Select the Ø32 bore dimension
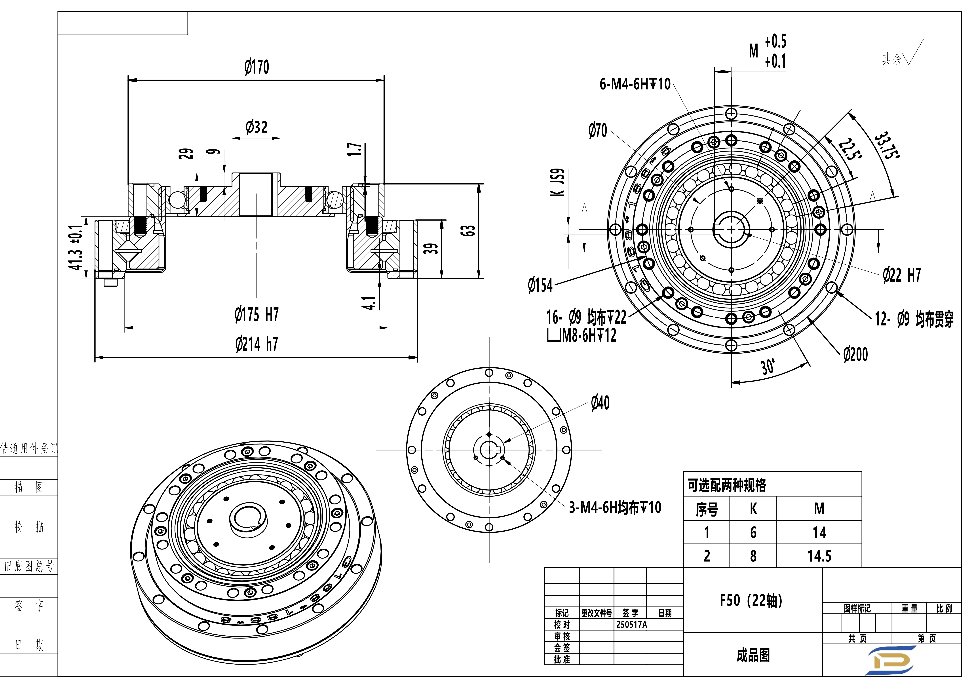point(256,127)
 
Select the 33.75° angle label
point(887,145)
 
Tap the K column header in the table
point(753,509)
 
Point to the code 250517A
point(631,624)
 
